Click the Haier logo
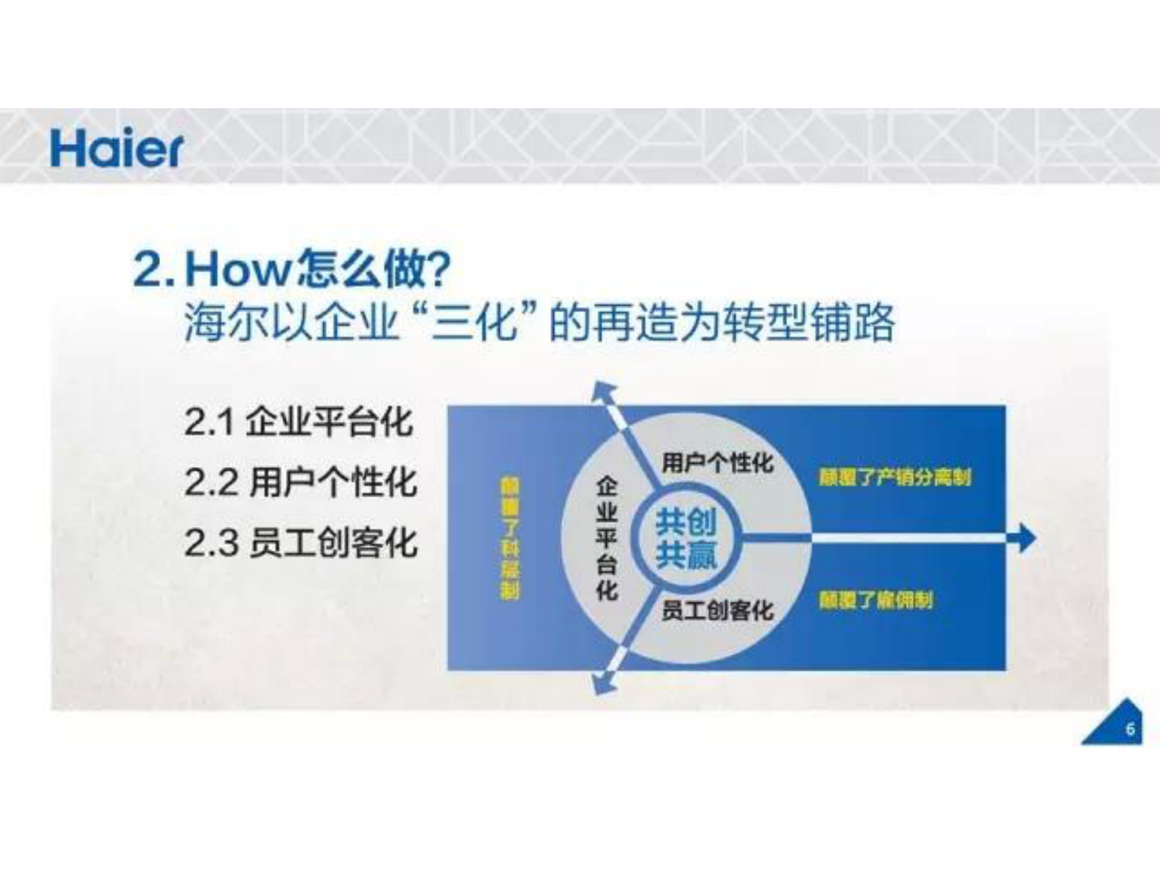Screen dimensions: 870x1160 point(116,149)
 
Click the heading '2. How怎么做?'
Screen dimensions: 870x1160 point(293,268)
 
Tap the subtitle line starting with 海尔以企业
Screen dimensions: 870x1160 point(539,322)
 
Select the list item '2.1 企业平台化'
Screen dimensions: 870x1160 point(298,422)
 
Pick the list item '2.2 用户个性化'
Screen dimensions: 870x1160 point(300,483)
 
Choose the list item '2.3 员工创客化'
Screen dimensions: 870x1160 point(300,542)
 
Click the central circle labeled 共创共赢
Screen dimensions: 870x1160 point(686,538)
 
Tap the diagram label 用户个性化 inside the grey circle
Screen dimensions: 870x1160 point(717,463)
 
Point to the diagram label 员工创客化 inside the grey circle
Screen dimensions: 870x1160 point(717,610)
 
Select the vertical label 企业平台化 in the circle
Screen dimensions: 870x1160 point(607,538)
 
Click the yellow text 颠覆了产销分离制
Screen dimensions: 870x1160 point(895,477)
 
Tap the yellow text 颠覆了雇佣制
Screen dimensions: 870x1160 point(876,601)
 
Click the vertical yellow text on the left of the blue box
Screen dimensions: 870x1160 point(509,538)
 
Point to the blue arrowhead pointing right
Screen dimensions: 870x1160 point(1026,538)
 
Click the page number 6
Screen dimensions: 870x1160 point(1130,729)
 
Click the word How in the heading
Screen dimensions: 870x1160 point(238,268)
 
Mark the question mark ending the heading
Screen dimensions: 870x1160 point(438,268)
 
